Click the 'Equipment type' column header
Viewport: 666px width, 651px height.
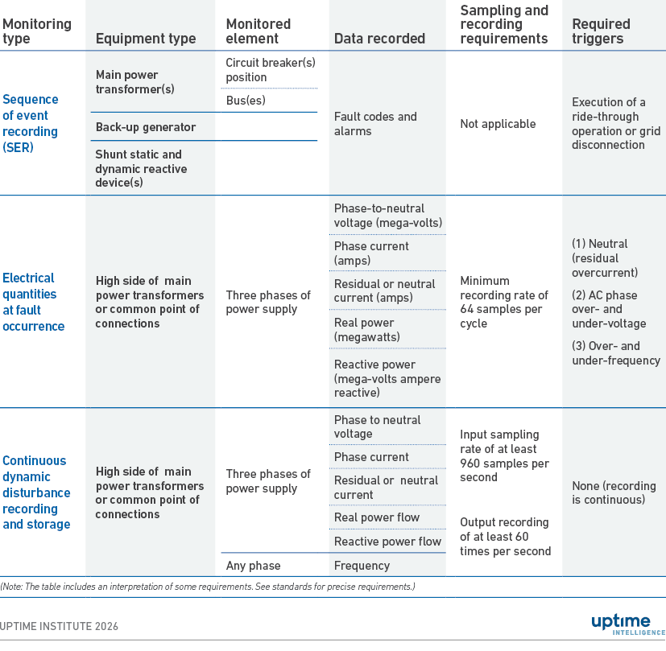click(146, 39)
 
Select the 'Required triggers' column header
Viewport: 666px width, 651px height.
click(601, 31)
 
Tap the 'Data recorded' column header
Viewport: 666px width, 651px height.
click(379, 39)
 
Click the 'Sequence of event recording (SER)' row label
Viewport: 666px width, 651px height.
click(31, 123)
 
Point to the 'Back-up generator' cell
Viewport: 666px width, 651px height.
click(146, 127)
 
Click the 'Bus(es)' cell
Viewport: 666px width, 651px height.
click(246, 100)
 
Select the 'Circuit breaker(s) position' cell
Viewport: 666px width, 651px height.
click(271, 70)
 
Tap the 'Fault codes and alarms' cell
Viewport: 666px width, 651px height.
click(375, 123)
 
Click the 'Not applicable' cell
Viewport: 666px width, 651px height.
click(498, 124)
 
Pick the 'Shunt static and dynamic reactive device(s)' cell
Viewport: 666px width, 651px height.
click(141, 168)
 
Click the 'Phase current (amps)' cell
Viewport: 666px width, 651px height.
click(371, 253)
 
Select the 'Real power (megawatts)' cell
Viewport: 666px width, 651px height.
click(367, 330)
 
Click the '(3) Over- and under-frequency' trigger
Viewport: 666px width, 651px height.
click(616, 353)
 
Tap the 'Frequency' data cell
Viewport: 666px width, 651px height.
click(362, 565)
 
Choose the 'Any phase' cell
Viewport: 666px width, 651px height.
click(253, 565)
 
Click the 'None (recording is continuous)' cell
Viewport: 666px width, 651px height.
click(614, 492)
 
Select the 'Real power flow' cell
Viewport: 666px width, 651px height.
click(377, 517)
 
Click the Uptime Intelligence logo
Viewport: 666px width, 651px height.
click(628, 625)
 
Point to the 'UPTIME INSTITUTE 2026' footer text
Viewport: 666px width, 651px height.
click(59, 626)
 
